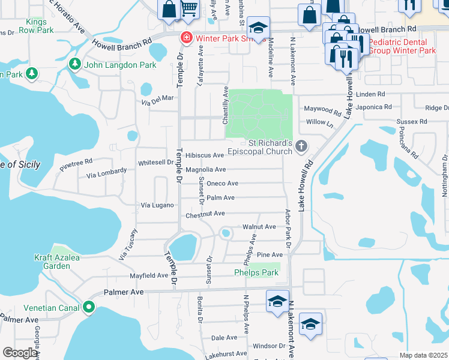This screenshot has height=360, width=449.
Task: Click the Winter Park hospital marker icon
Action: tap(186, 38)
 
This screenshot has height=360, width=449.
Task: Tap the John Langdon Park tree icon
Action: tap(75, 64)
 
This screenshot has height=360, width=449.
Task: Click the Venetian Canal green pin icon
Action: tap(89, 308)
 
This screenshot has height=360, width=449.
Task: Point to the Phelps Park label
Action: tap(256, 272)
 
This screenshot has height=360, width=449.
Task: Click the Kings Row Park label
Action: tap(36, 25)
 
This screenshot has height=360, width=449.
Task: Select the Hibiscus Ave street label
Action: tap(205, 155)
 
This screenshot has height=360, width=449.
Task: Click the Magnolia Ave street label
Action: tap(205, 170)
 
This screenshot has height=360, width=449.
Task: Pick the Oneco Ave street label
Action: tap(223, 184)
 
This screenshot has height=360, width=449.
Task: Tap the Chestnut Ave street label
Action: tap(205, 213)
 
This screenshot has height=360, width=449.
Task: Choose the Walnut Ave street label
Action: tap(259, 227)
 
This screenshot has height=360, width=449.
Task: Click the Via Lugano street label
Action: tap(157, 205)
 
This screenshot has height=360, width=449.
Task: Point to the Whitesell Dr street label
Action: tap(155, 162)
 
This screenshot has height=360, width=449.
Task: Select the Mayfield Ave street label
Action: tap(149, 275)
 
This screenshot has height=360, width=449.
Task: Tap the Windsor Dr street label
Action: tap(268, 346)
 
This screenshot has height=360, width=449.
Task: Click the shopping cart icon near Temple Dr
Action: tap(189, 8)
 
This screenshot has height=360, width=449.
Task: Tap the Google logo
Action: tap(20, 353)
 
